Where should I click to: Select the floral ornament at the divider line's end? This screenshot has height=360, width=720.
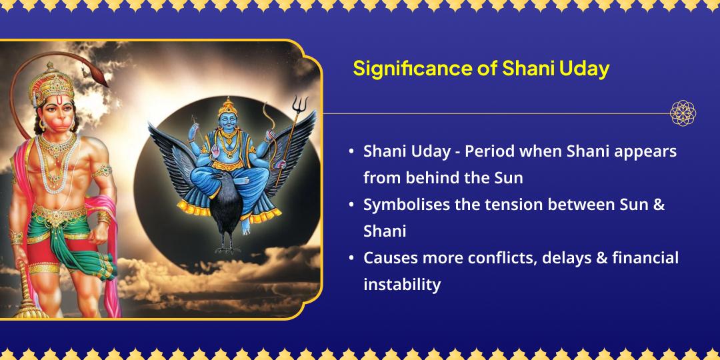click(683, 113)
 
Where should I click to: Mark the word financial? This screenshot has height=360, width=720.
click(647, 257)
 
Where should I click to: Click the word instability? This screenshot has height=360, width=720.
click(402, 284)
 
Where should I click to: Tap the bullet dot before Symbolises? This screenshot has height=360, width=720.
click(351, 205)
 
